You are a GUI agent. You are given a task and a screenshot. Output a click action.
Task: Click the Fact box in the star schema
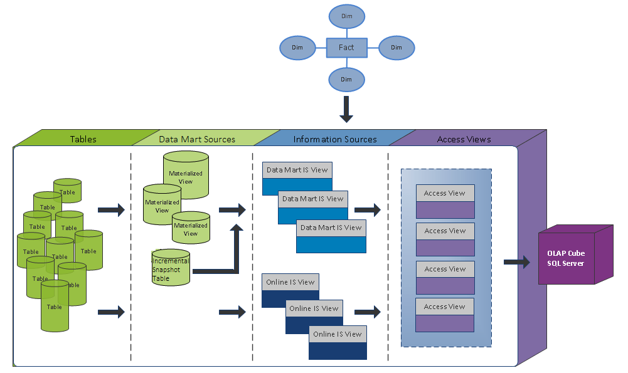point(346,48)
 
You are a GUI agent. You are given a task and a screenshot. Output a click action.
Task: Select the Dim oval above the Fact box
point(346,16)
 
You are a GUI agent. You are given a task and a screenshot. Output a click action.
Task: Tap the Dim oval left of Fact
point(297,48)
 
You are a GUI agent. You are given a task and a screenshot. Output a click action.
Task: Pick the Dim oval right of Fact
point(396,48)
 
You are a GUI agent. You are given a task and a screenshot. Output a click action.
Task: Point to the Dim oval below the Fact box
point(346,80)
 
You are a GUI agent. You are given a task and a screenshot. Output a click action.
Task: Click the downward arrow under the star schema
point(346,110)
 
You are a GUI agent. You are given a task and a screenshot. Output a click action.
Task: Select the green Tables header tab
point(83,139)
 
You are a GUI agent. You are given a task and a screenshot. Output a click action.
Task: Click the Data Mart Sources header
point(197,139)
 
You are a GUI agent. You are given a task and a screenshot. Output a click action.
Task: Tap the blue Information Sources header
point(335,139)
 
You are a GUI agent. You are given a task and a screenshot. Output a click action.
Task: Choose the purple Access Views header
point(464,139)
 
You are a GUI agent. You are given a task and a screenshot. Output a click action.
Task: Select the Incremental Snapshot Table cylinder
point(171,268)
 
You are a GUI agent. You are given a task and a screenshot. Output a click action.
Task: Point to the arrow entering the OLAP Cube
point(516,262)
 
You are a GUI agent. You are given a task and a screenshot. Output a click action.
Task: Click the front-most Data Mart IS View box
point(331,236)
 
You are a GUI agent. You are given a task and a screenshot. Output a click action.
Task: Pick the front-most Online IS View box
point(338,342)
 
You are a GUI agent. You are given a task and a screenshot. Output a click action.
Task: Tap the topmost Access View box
point(445,201)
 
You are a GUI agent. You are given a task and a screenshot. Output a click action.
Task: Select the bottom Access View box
point(445,315)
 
